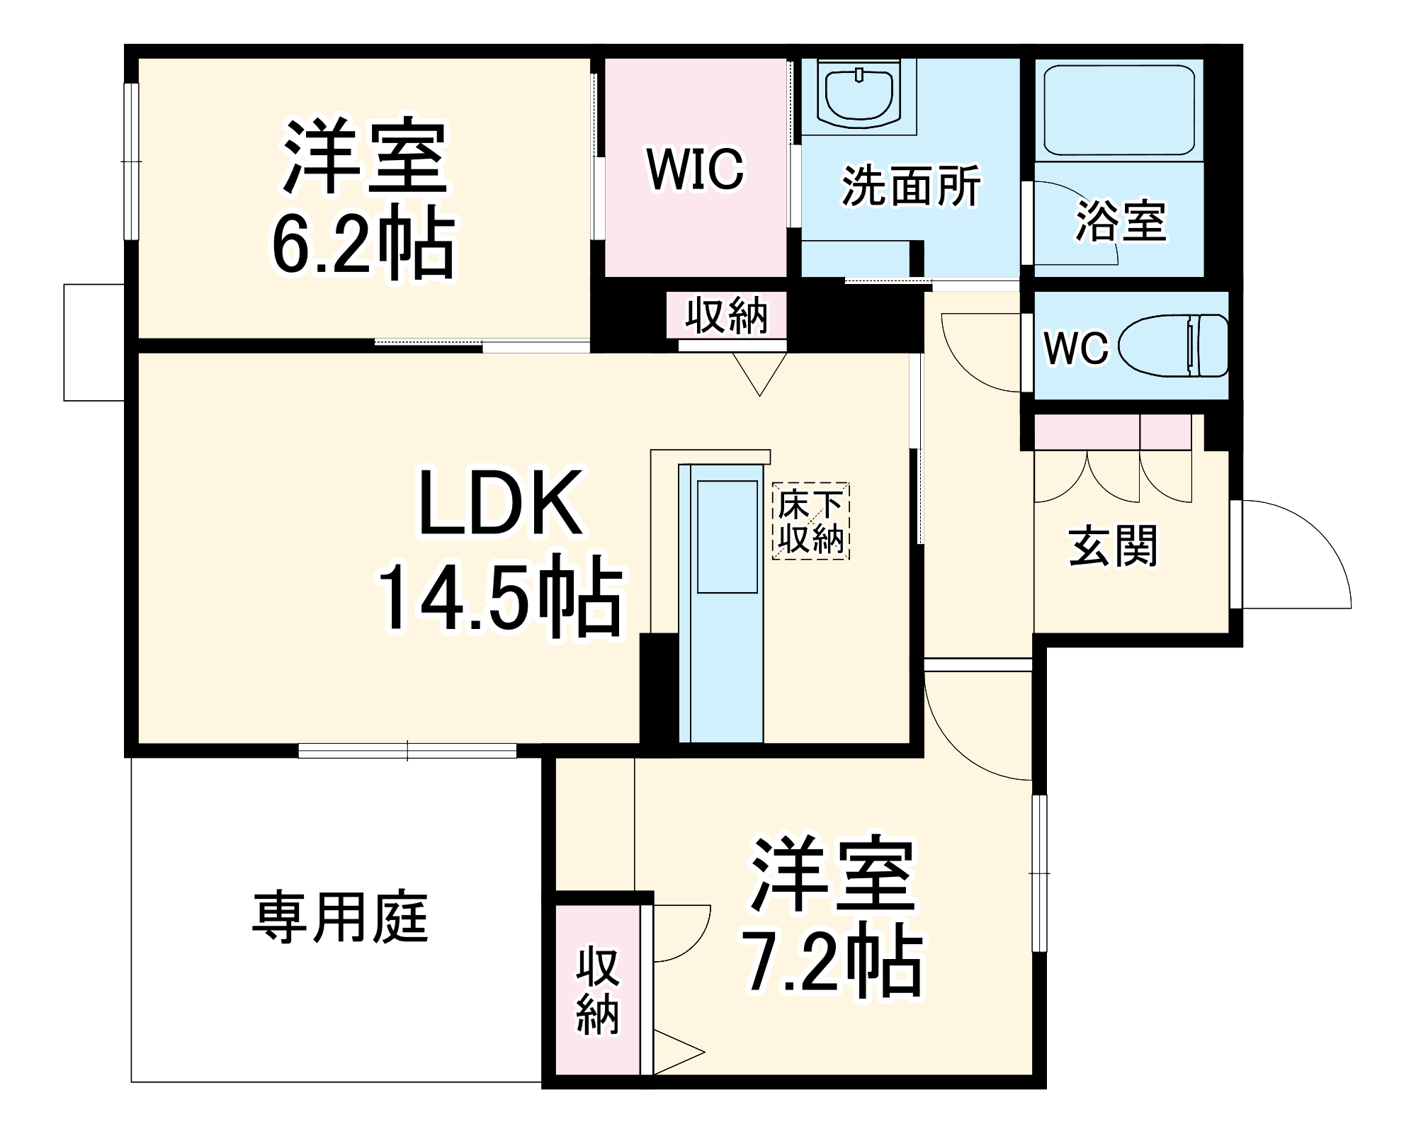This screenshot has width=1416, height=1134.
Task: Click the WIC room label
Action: pos(695,169)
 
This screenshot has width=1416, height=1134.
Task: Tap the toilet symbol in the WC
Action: pos(1173,346)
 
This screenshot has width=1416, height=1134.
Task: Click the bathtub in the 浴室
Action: pos(1118,110)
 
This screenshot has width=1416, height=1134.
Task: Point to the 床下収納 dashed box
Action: pos(810,521)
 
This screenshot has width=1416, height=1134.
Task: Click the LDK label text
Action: pos(500,503)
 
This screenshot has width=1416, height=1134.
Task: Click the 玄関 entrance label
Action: pos(1113,545)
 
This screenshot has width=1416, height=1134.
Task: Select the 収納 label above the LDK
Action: pos(726,316)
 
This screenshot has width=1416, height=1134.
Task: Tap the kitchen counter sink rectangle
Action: pos(727,536)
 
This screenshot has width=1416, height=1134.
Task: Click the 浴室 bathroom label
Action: pos(1120,220)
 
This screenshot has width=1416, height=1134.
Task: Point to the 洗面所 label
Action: pos(911,186)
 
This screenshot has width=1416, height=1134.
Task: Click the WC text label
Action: pos(1075,348)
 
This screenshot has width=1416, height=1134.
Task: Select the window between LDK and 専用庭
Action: pos(407,750)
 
